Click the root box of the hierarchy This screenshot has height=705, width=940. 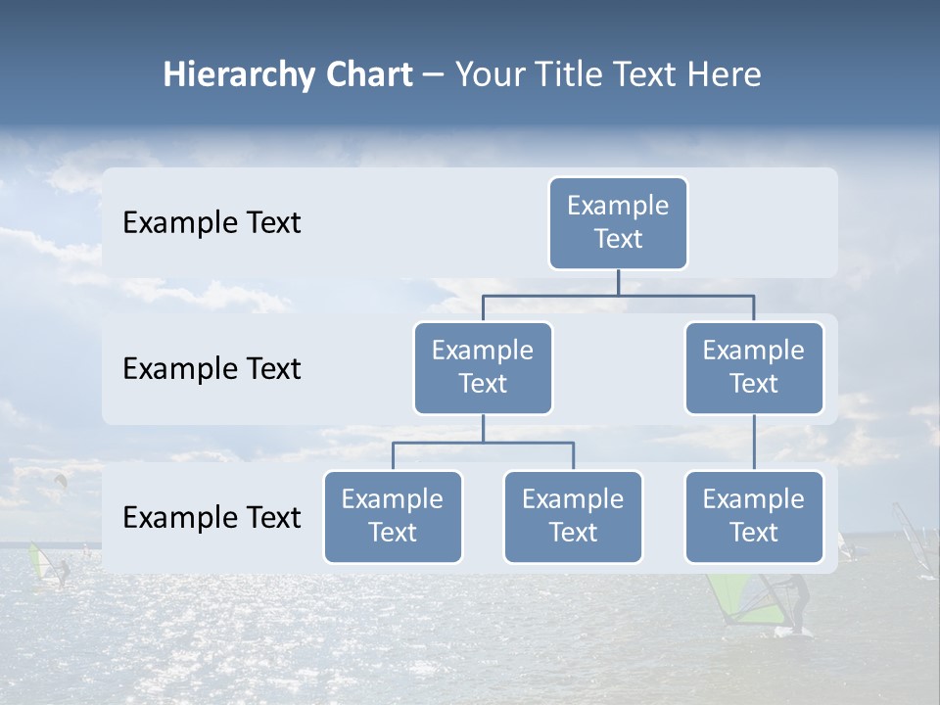618,222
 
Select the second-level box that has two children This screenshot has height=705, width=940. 483,367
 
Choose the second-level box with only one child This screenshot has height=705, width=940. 754,367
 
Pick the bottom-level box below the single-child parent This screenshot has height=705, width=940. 754,516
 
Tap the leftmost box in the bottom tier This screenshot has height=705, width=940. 393,516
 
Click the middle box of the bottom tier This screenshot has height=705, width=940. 573,516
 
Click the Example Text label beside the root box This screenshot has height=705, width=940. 211,223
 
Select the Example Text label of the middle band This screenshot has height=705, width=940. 211,369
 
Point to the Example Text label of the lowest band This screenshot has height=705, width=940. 211,518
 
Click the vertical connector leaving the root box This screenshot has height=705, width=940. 618,282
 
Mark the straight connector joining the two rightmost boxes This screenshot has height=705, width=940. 754,442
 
